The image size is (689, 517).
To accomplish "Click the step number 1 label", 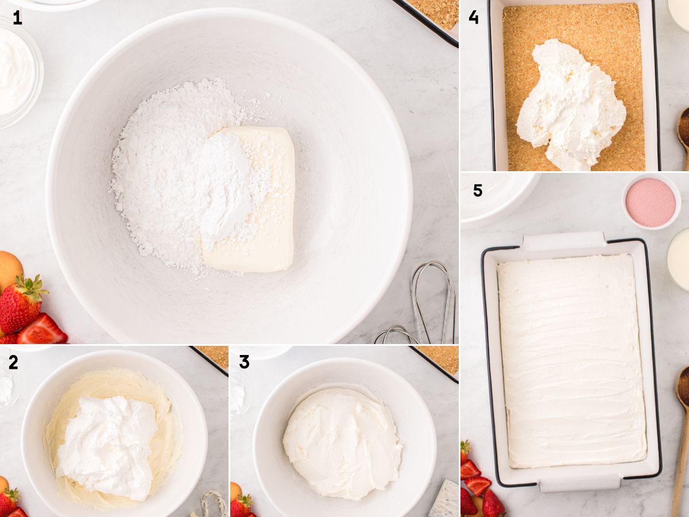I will (17, 18).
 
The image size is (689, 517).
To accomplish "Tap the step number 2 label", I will (13, 362).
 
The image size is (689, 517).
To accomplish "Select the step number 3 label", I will (244, 362).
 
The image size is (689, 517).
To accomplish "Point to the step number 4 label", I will (473, 17).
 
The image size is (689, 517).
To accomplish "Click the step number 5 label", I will (477, 190).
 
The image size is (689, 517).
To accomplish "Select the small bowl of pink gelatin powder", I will (651, 202).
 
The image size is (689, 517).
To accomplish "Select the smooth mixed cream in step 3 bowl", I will (342, 442).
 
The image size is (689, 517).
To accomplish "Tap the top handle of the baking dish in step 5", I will (563, 241).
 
